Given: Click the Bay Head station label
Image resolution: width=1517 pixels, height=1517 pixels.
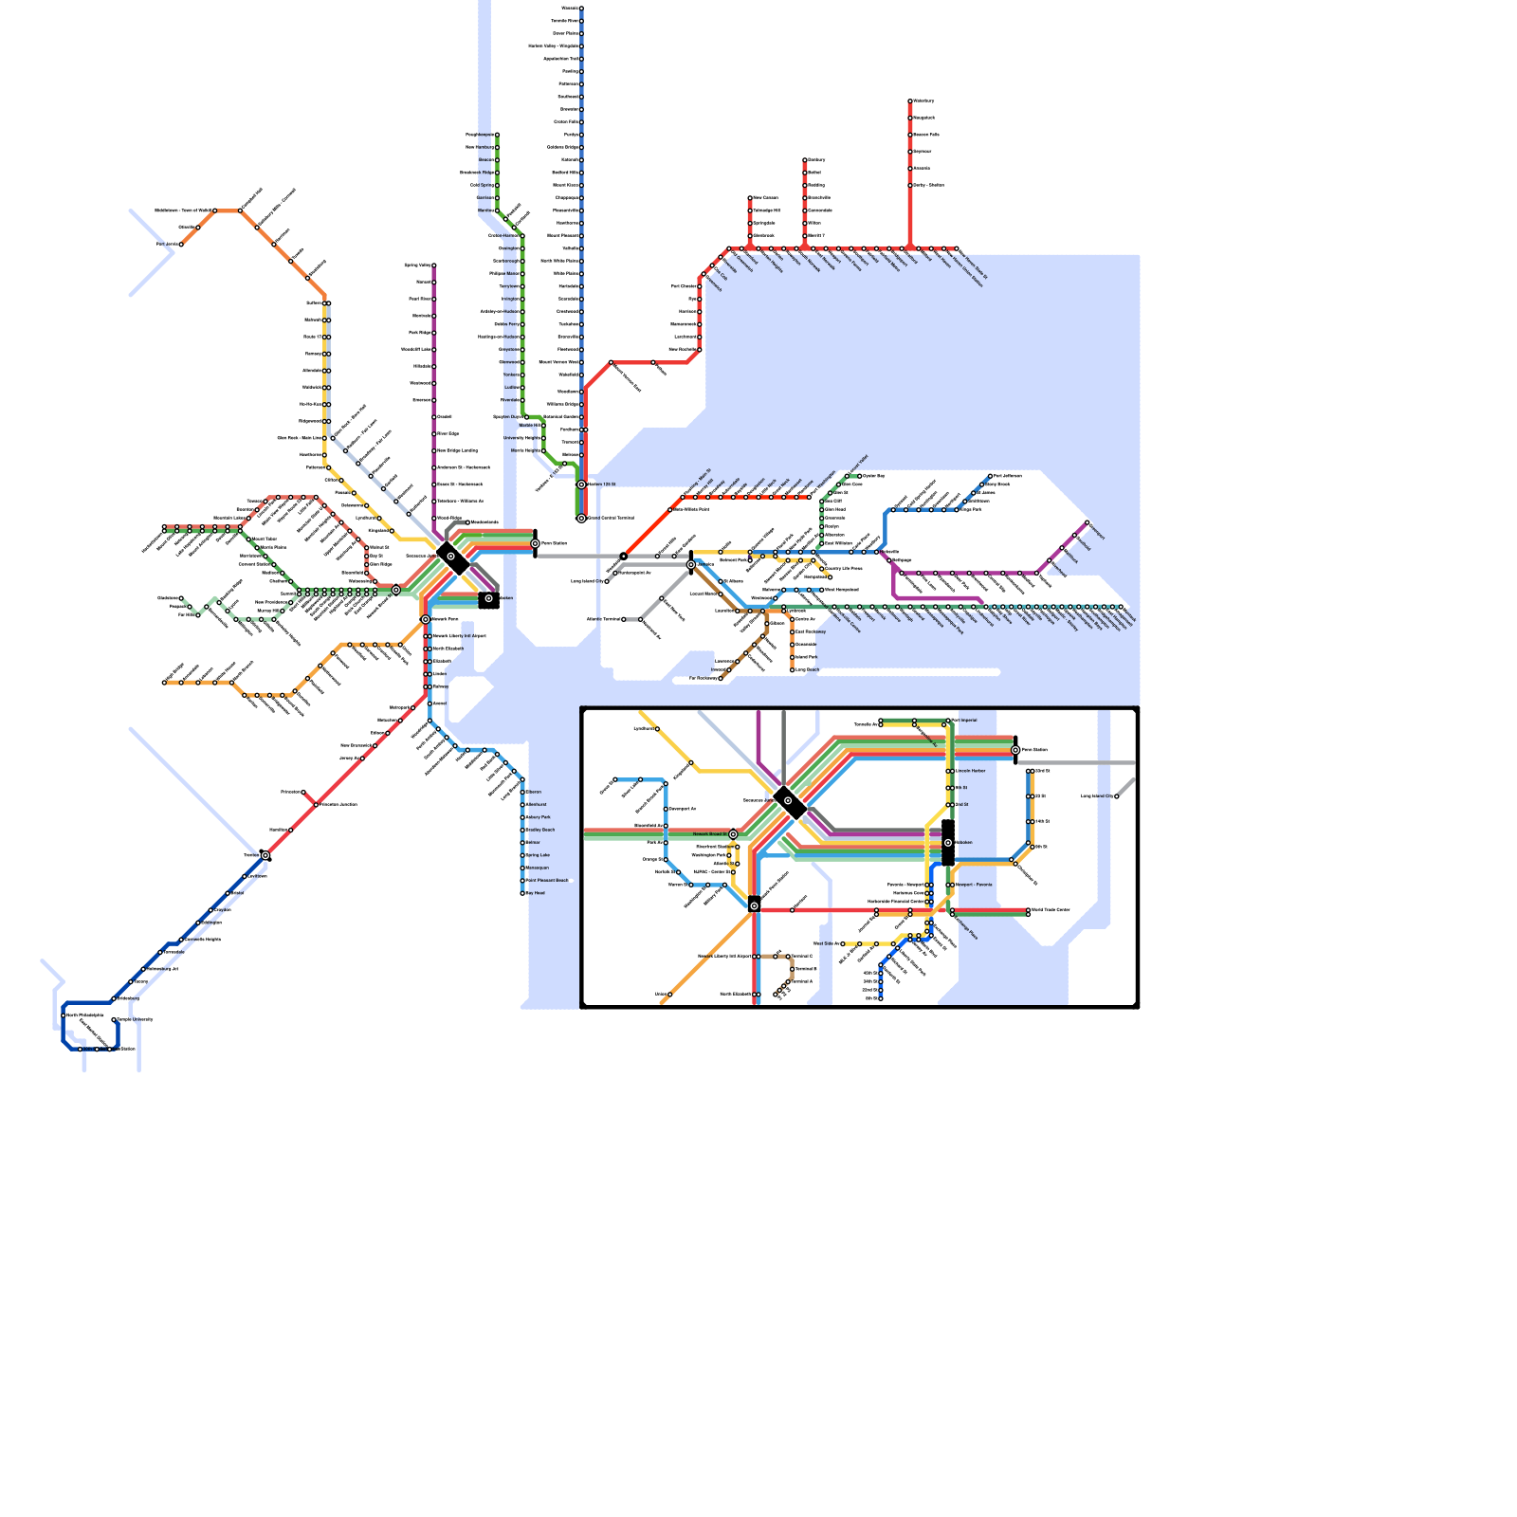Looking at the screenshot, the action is click(x=536, y=893).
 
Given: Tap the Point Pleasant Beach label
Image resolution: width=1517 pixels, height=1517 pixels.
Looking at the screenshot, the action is click(x=548, y=881).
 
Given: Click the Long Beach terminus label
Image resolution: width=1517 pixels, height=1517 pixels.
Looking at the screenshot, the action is click(x=807, y=669).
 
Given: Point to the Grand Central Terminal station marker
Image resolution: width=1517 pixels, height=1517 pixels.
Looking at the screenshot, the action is click(x=581, y=519).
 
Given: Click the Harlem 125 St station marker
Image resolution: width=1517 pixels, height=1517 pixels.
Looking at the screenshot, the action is click(x=581, y=484).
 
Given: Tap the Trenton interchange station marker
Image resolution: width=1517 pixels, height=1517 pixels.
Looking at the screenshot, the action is click(x=265, y=855).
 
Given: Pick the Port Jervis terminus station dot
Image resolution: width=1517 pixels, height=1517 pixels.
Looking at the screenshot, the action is click(x=181, y=245).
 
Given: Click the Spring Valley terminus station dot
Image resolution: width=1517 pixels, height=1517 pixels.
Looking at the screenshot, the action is click(x=434, y=265).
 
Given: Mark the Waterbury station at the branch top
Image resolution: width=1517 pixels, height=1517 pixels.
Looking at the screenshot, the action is click(x=910, y=101).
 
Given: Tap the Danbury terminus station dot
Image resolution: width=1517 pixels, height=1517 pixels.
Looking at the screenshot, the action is click(x=805, y=160).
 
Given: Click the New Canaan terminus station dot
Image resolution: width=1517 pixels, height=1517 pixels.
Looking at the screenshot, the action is click(x=750, y=198).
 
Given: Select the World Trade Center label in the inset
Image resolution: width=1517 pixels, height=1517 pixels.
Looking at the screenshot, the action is click(x=1050, y=909).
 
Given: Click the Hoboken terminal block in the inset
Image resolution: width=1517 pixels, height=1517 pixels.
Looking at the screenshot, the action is click(x=948, y=842).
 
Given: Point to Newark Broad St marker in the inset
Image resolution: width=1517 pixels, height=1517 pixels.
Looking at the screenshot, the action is click(x=733, y=834).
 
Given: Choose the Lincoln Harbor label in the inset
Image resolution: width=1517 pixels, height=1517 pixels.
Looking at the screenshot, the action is click(x=971, y=771).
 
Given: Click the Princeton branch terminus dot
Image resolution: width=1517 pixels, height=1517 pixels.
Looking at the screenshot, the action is click(x=303, y=792).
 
